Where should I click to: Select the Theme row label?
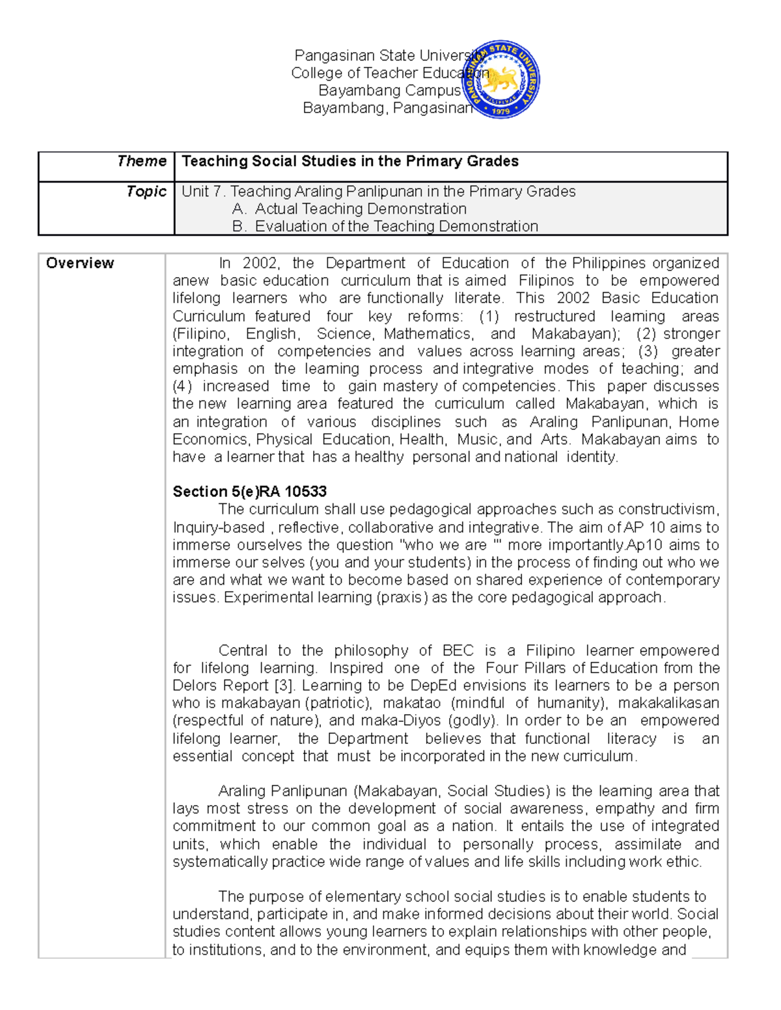tap(141, 161)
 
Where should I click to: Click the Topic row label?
tap(146, 191)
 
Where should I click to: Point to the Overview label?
tap(79, 263)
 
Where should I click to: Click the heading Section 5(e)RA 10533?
tap(249, 492)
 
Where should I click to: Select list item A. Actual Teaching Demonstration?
tap(349, 209)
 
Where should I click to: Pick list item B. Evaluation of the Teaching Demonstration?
tap(385, 226)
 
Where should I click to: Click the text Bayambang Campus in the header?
tap(389, 90)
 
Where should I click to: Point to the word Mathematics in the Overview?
tap(428, 334)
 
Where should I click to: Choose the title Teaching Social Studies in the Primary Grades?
tap(350, 161)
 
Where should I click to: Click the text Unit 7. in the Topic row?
tap(203, 191)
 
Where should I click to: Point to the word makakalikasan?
tap(668, 703)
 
